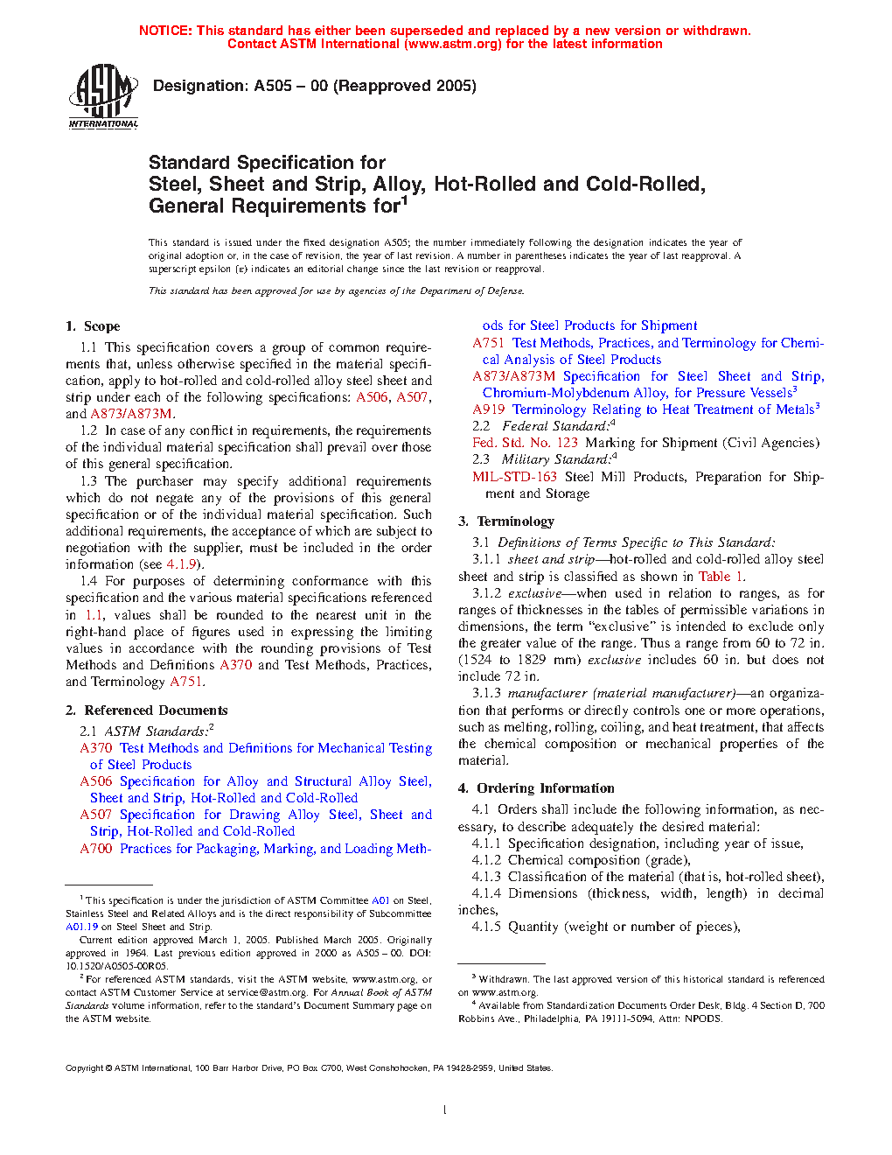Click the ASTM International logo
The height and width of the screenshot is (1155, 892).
pyautogui.click(x=103, y=96)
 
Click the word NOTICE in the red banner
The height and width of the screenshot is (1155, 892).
pyautogui.click(x=165, y=31)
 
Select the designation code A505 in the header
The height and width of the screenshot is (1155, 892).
pyautogui.click(x=273, y=86)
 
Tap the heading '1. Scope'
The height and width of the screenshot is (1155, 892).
pyautogui.click(x=93, y=326)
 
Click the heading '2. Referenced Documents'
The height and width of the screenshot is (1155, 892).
pyautogui.click(x=147, y=710)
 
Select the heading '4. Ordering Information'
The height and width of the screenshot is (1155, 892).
pyautogui.click(x=536, y=788)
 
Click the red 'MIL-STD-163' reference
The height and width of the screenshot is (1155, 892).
pyautogui.click(x=514, y=477)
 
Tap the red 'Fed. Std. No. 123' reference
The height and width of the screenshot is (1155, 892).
pyautogui.click(x=525, y=443)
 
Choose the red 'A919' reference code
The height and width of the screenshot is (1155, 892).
pyautogui.click(x=489, y=409)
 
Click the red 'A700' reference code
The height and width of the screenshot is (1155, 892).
pyautogui.click(x=96, y=849)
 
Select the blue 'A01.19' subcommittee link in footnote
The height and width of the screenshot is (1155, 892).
pyautogui.click(x=81, y=927)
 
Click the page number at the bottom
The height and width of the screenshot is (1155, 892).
pyautogui.click(x=445, y=1110)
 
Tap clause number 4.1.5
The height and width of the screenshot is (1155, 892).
pyautogui.click(x=486, y=927)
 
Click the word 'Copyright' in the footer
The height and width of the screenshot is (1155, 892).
pyautogui.click(x=84, y=1067)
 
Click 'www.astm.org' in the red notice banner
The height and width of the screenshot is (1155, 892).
pyautogui.click(x=454, y=44)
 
